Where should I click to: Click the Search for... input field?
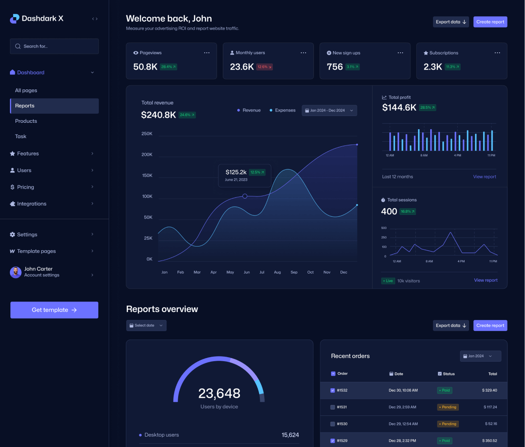(54, 46)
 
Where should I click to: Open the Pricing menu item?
(26, 187)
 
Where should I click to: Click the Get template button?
(54, 310)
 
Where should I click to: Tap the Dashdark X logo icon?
(14, 19)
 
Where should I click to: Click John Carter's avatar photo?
(16, 272)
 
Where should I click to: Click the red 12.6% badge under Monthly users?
(264, 67)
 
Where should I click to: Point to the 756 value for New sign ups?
(335, 67)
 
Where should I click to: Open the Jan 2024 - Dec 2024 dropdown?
(329, 111)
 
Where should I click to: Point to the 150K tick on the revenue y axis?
(147, 176)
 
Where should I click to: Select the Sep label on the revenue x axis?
(294, 272)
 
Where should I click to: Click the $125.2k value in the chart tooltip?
(236, 172)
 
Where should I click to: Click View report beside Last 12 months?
(484, 177)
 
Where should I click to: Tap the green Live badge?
(388, 281)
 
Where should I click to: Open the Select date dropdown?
(146, 326)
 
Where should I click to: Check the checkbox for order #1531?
(333, 407)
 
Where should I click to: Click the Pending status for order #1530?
(447, 424)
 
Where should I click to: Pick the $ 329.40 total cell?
(489, 390)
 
